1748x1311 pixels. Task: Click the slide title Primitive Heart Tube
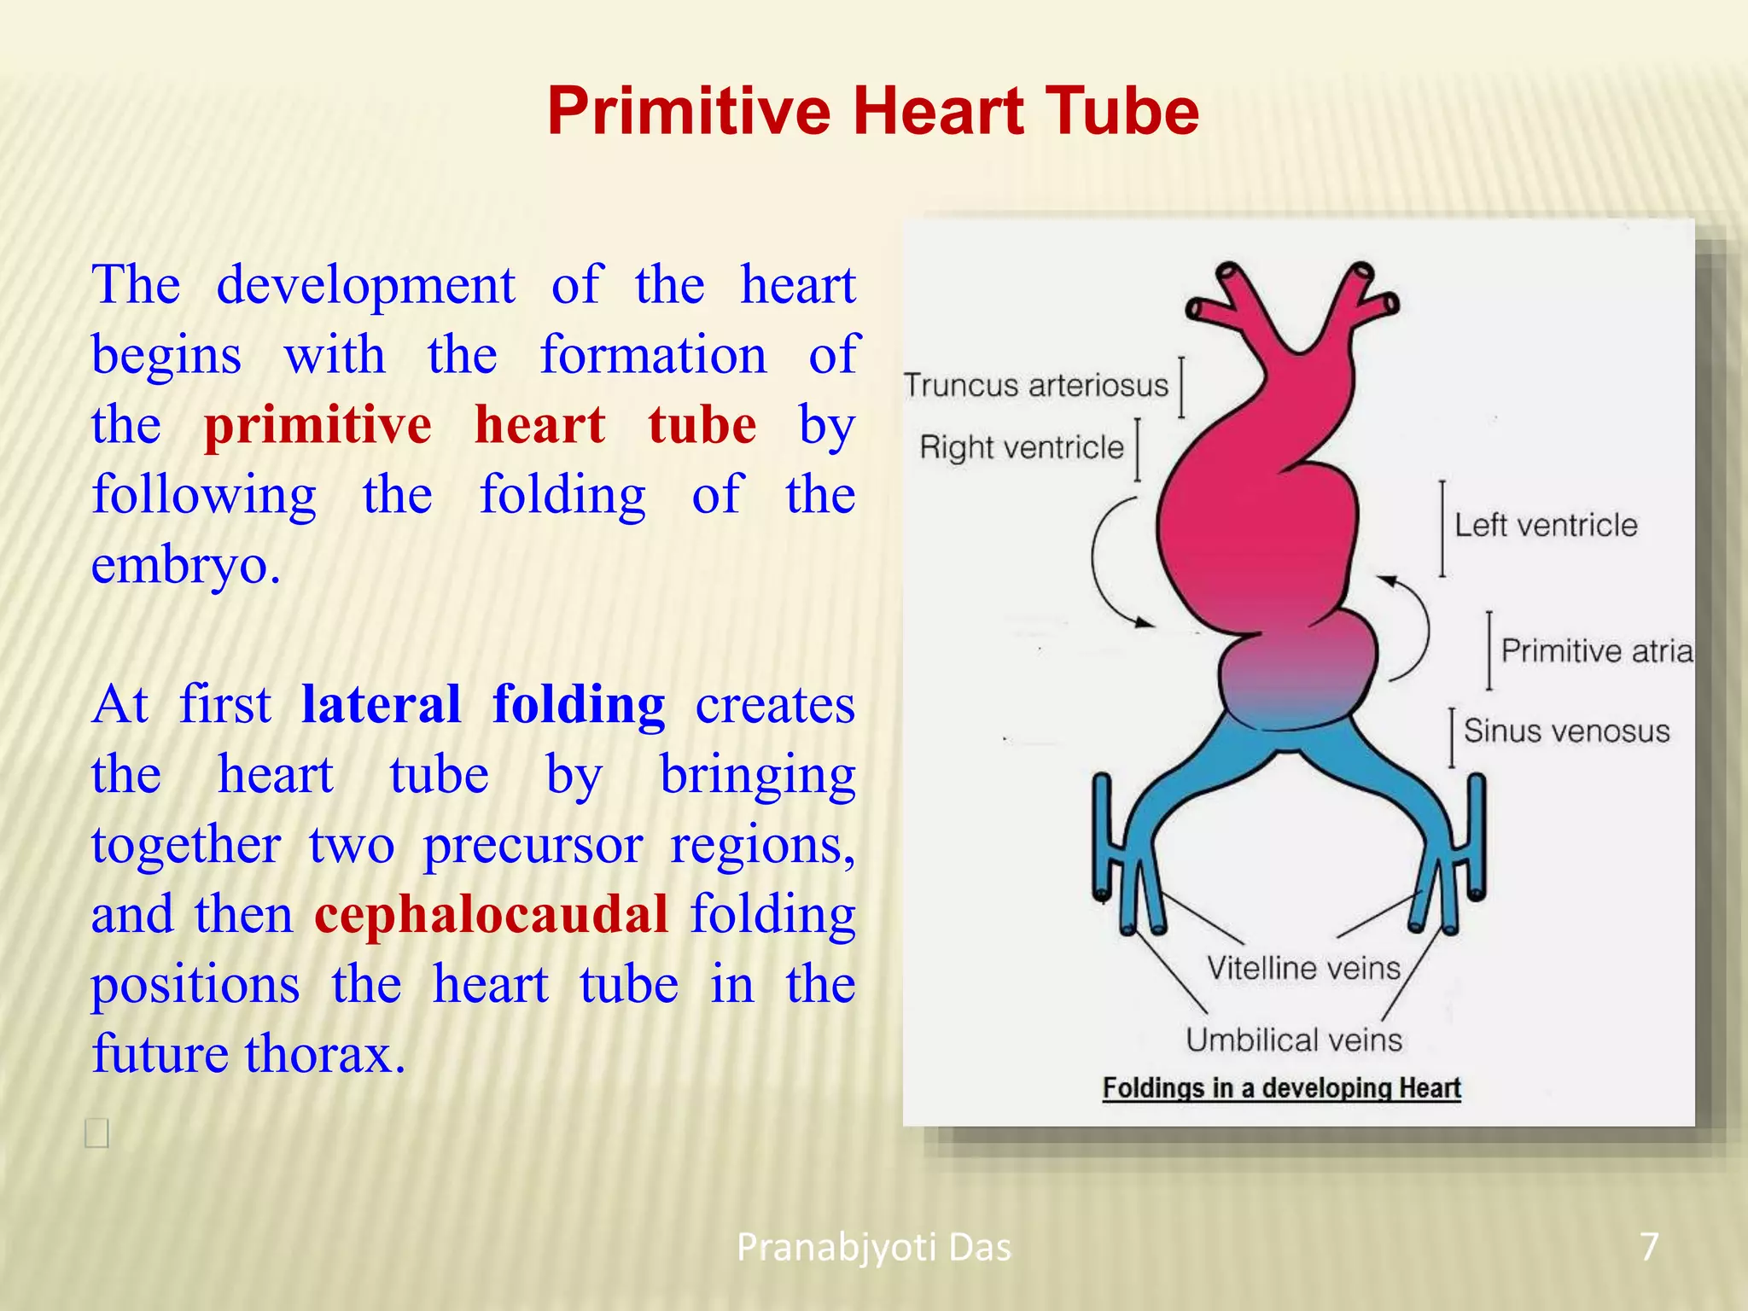[873, 112]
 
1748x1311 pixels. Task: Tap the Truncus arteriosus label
[1035, 386]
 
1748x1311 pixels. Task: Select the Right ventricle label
[1021, 448]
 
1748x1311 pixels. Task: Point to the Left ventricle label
[1546, 526]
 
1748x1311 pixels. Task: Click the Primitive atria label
[1595, 651]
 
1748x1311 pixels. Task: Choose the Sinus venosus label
[1566, 731]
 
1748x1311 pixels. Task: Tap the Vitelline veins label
[1303, 968]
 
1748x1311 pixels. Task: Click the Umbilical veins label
[1293, 1040]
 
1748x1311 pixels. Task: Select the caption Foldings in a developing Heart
[1281, 1088]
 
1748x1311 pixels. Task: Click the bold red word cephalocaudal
[491, 914]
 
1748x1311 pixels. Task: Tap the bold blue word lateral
[381, 705]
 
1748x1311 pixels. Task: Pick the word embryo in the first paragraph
[184, 565]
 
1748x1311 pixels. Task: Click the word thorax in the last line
[324, 1054]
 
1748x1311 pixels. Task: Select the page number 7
[1649, 1247]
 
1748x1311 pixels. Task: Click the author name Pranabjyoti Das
[873, 1248]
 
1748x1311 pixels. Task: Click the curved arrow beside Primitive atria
[1417, 627]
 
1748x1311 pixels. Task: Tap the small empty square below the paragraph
[96, 1133]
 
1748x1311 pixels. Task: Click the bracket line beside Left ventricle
[1442, 529]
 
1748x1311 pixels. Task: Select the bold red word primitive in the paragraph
[318, 425]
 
